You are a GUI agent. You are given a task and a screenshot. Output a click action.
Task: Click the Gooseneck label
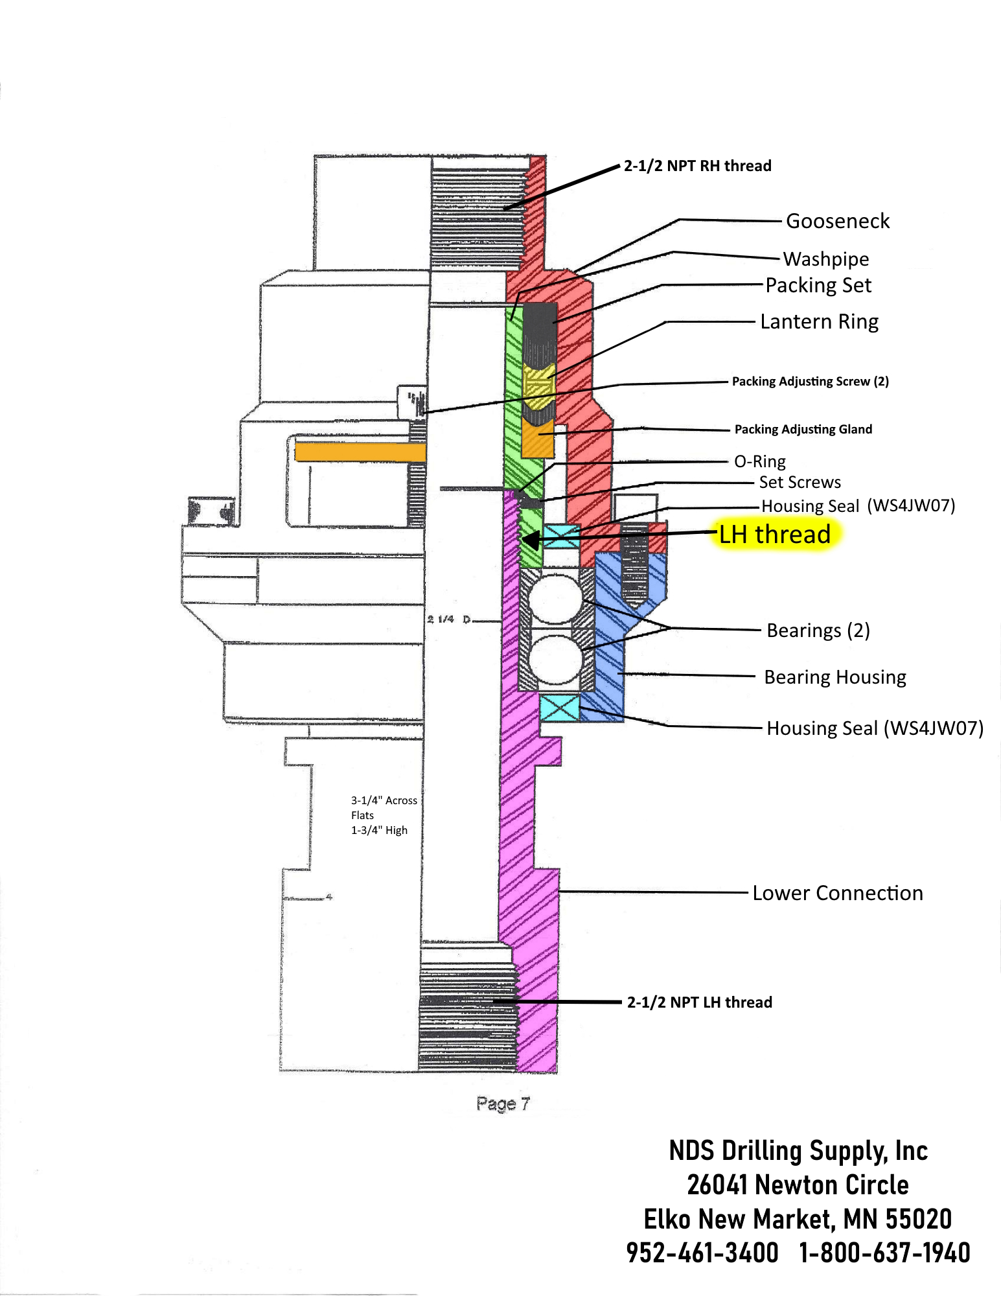[x=837, y=221]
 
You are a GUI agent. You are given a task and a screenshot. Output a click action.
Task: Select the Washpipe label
[x=825, y=259]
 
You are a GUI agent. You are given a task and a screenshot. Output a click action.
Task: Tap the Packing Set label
[x=818, y=285]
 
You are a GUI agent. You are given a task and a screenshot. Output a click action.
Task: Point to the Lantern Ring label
[x=819, y=321]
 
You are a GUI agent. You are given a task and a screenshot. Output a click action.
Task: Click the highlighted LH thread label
[x=775, y=535]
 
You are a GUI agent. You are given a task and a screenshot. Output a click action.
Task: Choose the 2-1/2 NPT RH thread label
[x=697, y=166]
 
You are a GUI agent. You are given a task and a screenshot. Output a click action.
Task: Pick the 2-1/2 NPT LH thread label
[x=699, y=1002]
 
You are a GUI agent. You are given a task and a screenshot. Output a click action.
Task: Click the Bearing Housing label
[x=834, y=677]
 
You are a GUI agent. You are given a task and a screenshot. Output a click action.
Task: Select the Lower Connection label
[x=837, y=893]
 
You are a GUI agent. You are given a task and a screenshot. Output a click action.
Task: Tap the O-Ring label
[x=759, y=461]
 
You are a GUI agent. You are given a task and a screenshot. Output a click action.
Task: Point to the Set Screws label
[x=800, y=482]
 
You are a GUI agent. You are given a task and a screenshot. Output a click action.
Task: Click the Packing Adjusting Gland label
[x=803, y=429]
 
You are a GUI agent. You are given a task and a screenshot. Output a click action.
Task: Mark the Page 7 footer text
[x=503, y=1104]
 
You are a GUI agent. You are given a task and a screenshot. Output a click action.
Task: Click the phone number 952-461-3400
[x=702, y=1253]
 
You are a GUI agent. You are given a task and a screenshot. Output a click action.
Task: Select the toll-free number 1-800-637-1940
[x=884, y=1253]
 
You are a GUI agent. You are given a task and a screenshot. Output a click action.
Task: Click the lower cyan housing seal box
[x=559, y=708]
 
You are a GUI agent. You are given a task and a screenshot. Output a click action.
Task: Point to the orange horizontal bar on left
[x=360, y=452]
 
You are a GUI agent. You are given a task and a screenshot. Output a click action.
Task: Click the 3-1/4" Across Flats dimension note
[x=384, y=808]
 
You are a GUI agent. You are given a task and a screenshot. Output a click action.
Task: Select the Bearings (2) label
[x=818, y=631]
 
